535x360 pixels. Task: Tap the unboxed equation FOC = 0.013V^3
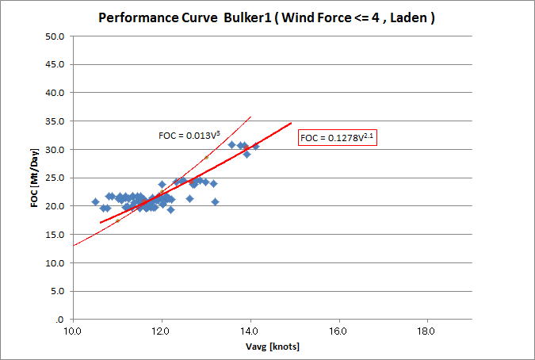[189, 136]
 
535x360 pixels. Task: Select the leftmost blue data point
[95, 201]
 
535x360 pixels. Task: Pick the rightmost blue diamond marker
[255, 146]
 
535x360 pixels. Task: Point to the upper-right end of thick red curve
[292, 123]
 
